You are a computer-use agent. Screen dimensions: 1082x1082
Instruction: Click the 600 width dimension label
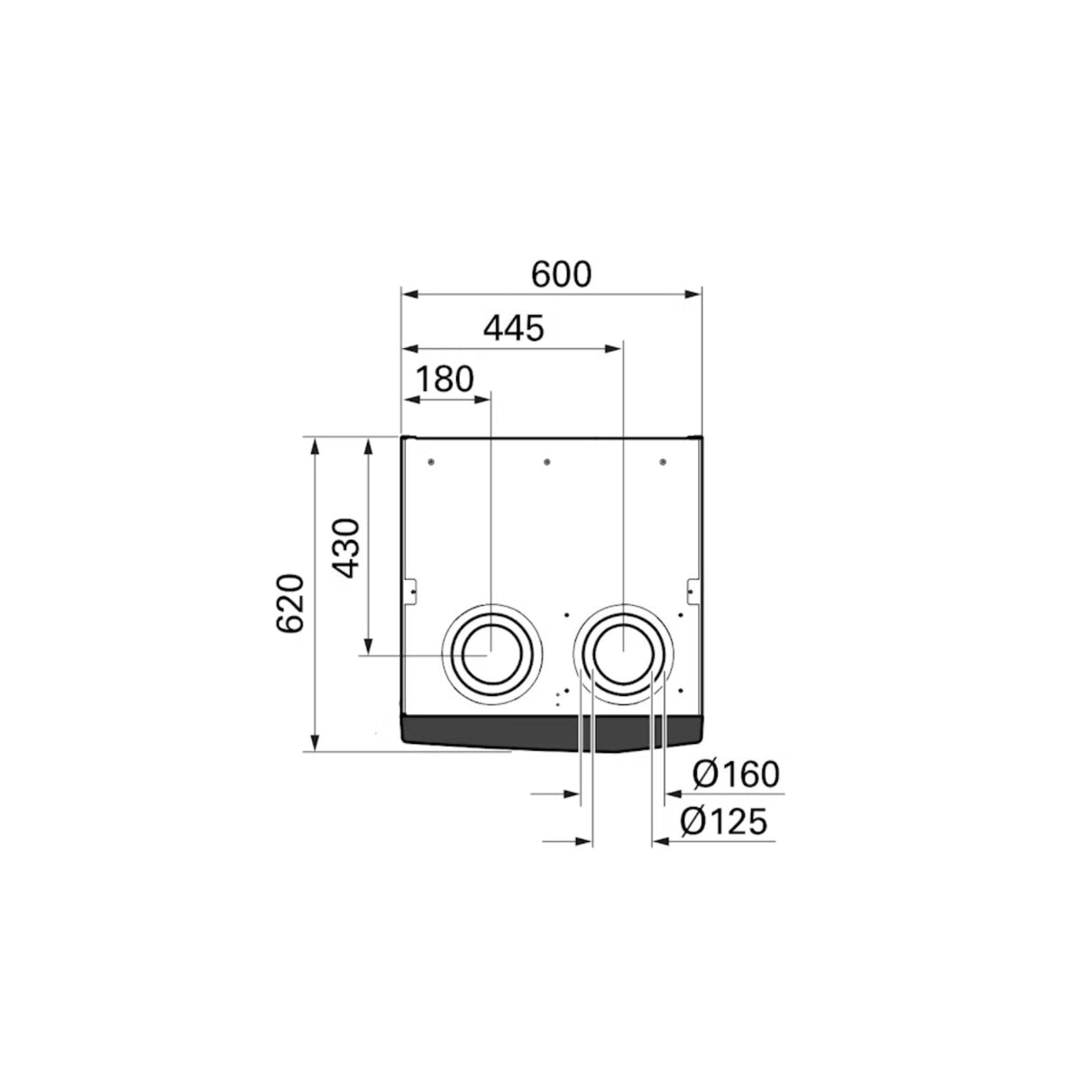tap(561, 275)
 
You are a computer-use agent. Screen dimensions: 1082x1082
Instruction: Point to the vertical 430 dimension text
tap(344, 548)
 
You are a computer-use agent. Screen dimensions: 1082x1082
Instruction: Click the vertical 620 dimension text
tap(290, 603)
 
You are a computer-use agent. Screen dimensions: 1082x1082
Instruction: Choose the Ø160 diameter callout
tap(736, 775)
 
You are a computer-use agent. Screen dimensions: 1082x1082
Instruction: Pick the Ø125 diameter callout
tap(723, 822)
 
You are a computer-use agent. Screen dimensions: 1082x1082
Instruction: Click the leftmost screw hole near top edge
tap(431, 463)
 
